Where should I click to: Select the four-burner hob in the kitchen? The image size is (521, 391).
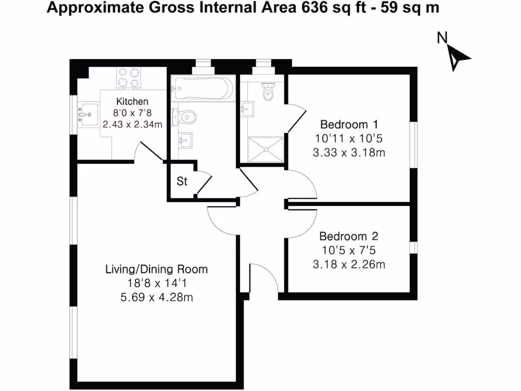[128, 78]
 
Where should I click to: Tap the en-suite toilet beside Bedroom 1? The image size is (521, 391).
[267, 92]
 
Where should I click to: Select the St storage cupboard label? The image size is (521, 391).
[182, 181]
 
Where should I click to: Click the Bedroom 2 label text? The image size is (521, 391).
[349, 236]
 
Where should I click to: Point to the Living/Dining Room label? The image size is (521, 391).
[157, 269]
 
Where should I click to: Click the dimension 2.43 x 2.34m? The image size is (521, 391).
[132, 124]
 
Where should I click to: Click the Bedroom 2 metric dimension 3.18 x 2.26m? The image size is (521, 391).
[349, 264]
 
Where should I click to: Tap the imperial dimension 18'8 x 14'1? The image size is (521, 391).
[157, 283]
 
